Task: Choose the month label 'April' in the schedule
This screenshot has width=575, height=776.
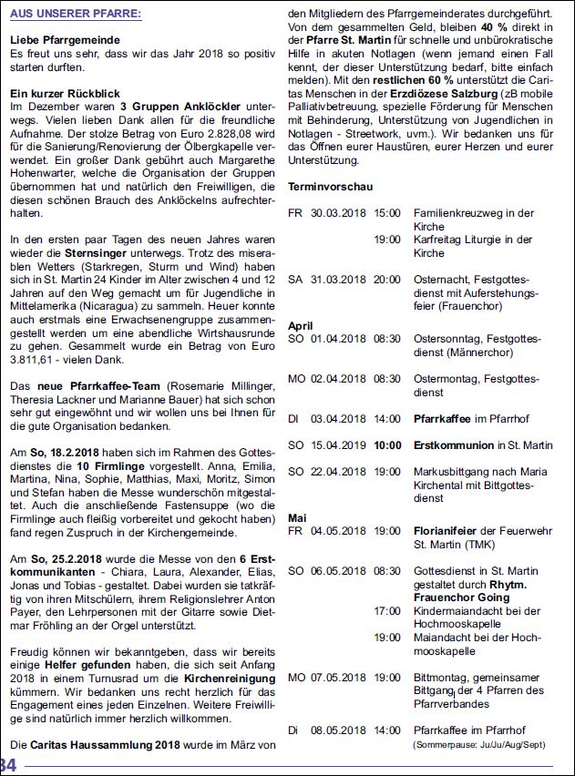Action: (301, 326)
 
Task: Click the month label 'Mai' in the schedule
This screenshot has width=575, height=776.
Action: (297, 517)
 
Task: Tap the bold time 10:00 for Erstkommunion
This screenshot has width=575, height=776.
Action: (387, 445)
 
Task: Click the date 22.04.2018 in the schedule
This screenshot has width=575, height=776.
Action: (337, 472)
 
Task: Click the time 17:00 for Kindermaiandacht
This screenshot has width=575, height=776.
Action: (387, 610)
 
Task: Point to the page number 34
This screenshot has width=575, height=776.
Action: (8, 764)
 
